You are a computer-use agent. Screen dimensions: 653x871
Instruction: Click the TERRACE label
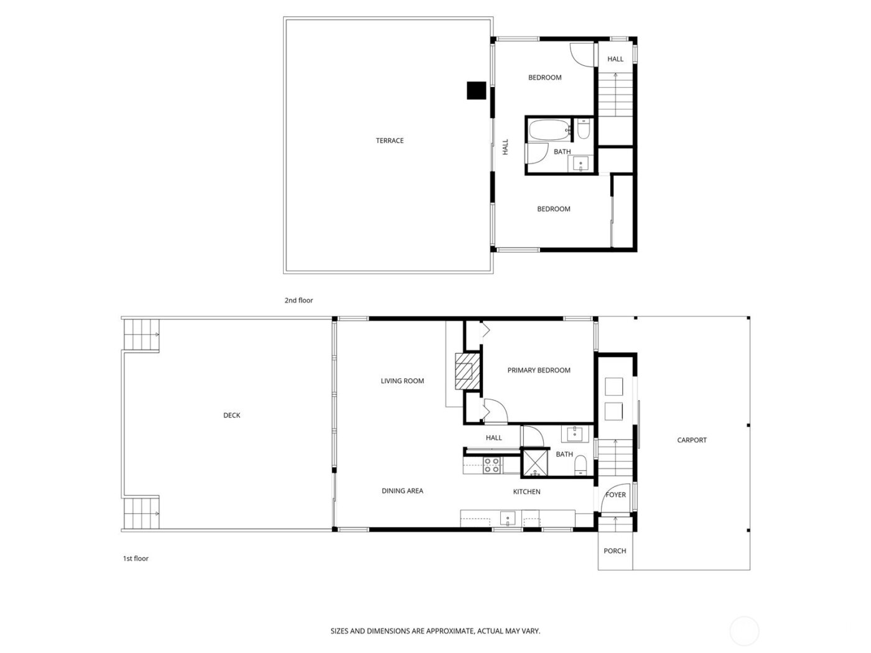(x=389, y=141)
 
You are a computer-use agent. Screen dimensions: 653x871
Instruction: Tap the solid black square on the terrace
(x=476, y=91)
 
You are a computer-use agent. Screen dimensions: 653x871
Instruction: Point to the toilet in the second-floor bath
(x=584, y=129)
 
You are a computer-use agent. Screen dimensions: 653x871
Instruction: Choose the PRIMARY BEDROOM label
(x=539, y=370)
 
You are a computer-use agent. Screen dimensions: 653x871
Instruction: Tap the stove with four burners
(x=492, y=465)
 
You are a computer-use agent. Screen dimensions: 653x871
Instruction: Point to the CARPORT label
(x=692, y=440)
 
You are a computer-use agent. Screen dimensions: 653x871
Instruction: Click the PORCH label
(x=615, y=551)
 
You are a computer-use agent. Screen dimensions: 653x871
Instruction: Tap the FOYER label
(x=616, y=495)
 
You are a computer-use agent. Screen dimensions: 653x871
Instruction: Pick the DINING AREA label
(x=403, y=491)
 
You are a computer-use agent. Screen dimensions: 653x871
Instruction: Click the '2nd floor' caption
(x=299, y=300)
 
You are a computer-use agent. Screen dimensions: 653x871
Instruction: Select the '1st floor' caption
(x=136, y=558)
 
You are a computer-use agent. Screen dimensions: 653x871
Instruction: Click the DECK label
(x=231, y=415)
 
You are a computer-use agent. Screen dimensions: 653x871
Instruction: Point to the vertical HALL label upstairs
(x=505, y=147)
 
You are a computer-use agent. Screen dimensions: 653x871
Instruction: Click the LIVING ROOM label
(x=403, y=381)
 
